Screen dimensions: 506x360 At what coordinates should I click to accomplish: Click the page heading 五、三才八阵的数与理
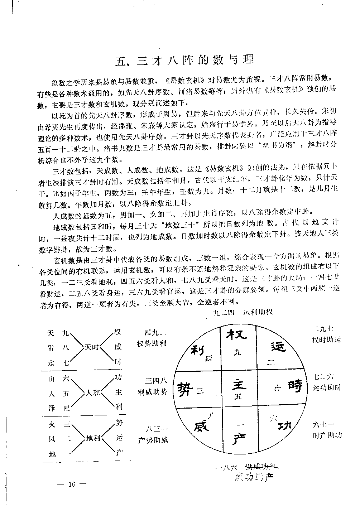184,59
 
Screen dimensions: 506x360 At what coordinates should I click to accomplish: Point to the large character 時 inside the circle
295,385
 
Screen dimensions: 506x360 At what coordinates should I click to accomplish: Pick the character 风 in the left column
51,439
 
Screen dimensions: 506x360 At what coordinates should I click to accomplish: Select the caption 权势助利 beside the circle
152,344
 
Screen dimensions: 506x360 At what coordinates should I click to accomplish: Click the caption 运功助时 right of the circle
327,387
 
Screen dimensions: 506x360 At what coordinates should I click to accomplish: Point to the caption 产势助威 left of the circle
153,440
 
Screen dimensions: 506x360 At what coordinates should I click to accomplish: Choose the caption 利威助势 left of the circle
153,392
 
